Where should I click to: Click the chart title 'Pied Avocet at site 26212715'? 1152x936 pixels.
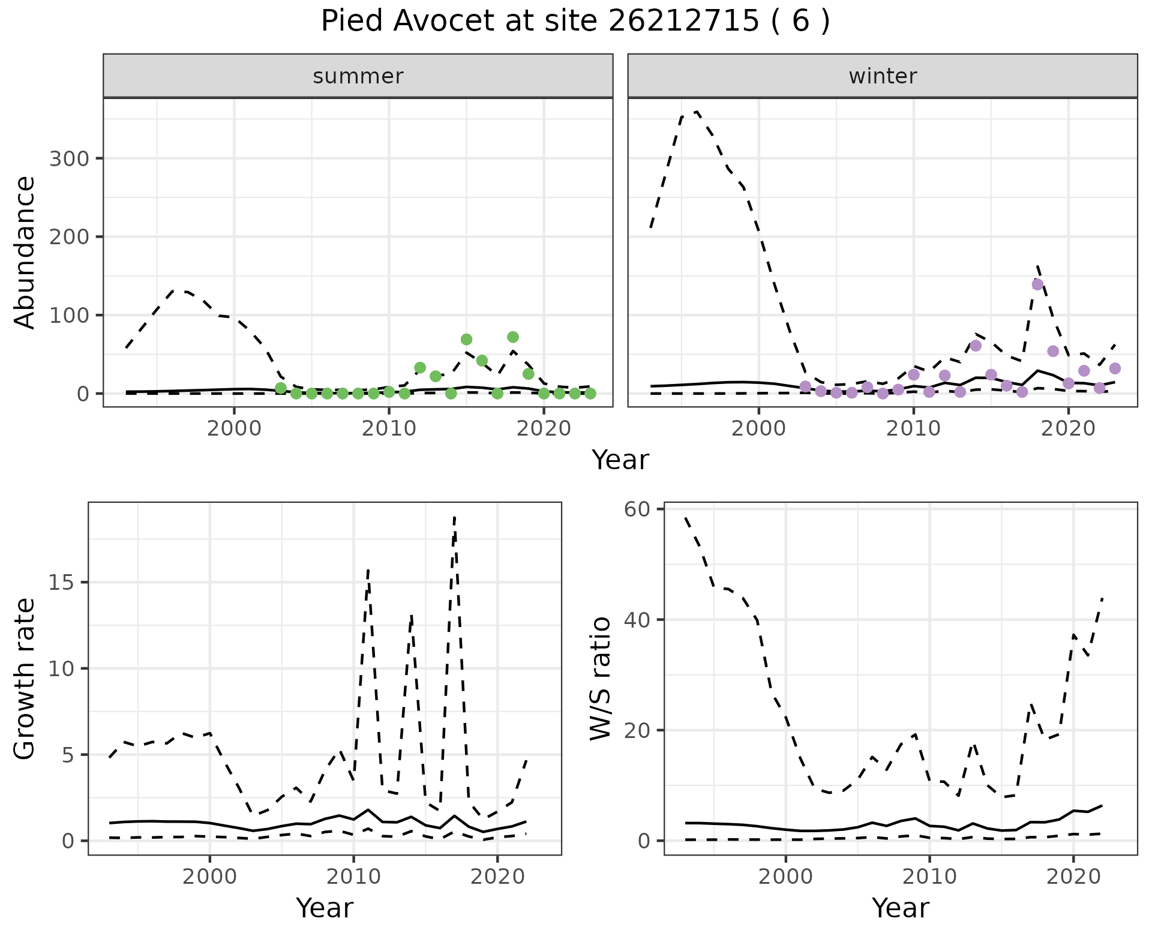tap(575, 22)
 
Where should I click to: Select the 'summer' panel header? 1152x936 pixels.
tap(358, 76)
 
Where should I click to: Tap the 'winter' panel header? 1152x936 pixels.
tap(883, 76)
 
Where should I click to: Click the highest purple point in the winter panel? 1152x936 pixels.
tap(1037, 284)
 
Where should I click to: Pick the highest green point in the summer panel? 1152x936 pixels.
tap(512, 337)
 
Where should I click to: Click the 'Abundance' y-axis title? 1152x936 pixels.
tap(25, 253)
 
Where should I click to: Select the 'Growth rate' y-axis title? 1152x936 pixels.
tap(25, 679)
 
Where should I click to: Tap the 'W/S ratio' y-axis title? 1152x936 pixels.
tap(601, 679)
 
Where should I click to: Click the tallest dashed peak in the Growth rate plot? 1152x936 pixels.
tap(455, 517)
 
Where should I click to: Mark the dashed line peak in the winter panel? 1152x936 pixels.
tap(697, 112)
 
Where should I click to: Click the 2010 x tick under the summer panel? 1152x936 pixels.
tap(389, 428)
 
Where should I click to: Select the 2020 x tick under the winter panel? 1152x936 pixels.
tap(1068, 428)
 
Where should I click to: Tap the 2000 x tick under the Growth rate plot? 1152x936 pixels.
tap(209, 876)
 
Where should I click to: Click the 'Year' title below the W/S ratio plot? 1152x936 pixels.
tap(900, 908)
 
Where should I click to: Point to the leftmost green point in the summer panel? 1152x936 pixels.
tap(280, 388)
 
